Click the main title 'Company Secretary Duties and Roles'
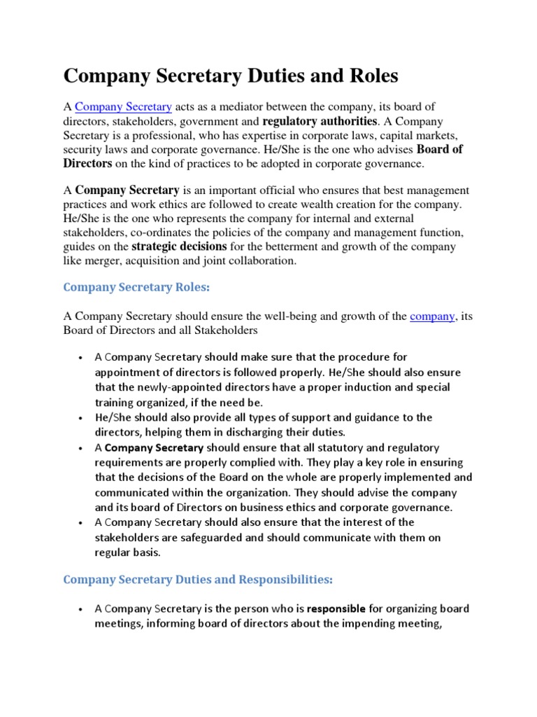coord(231,76)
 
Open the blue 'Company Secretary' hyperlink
coord(123,107)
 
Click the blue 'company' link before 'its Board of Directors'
coord(433,316)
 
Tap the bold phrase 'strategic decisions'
coord(179,246)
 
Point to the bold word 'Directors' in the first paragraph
coord(87,164)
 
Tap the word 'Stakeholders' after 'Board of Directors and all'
coord(227,330)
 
